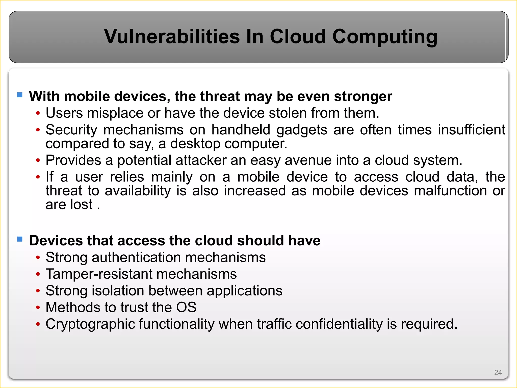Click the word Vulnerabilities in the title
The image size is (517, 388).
pyautogui.click(x=172, y=37)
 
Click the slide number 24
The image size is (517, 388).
pyautogui.click(x=498, y=372)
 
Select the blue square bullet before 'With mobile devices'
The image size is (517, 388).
pyautogui.click(x=20, y=95)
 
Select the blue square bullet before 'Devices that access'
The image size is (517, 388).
pyautogui.click(x=20, y=239)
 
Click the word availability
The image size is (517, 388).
pyautogui.click(x=138, y=191)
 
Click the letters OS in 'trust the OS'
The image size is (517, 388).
pyautogui.click(x=186, y=307)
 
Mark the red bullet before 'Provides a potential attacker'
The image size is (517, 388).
pyautogui.click(x=38, y=161)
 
